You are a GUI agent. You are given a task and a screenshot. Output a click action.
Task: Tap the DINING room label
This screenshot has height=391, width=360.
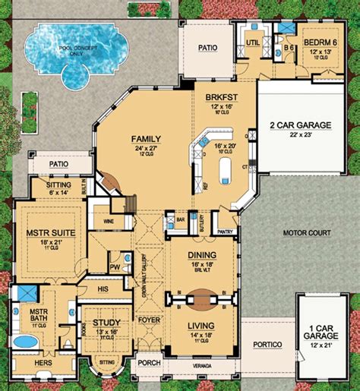199,255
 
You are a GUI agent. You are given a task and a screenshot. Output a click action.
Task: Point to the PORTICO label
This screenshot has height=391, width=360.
267,344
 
